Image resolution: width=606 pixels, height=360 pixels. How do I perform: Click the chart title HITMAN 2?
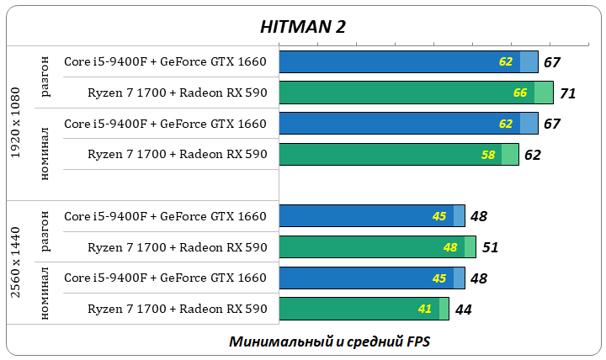click(303, 27)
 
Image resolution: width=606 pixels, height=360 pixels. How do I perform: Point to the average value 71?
click(567, 93)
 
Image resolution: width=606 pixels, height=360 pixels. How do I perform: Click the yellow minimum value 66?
click(520, 93)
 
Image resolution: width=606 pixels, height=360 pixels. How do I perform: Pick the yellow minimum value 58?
click(488, 155)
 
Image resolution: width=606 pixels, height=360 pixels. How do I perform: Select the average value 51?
click(490, 247)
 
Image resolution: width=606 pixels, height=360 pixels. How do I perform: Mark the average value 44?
click(463, 310)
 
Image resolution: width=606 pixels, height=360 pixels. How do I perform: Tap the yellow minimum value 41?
click(425, 309)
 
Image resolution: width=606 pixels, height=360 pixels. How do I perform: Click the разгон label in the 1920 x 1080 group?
click(45, 77)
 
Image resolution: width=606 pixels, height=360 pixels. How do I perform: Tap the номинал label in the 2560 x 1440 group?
click(45, 293)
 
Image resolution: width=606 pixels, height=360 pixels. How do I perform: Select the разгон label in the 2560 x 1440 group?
click(45, 231)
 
